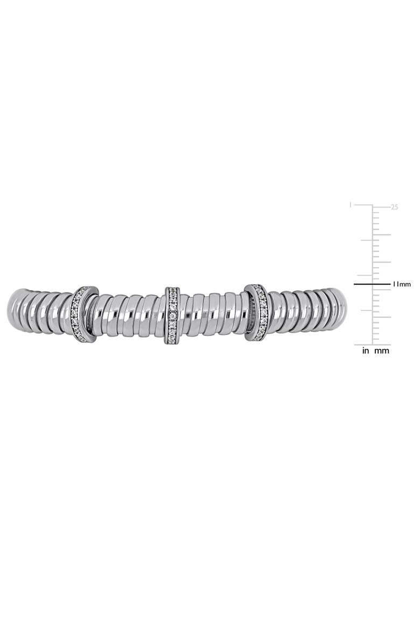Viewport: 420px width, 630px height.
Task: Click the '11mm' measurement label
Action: tap(402, 284)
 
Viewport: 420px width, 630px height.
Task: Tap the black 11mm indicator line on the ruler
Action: tap(372, 284)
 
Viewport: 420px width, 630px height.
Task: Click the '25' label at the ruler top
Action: tap(394, 207)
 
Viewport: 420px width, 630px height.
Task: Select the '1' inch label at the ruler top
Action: tap(351, 205)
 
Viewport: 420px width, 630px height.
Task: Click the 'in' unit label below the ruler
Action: tap(365, 351)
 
